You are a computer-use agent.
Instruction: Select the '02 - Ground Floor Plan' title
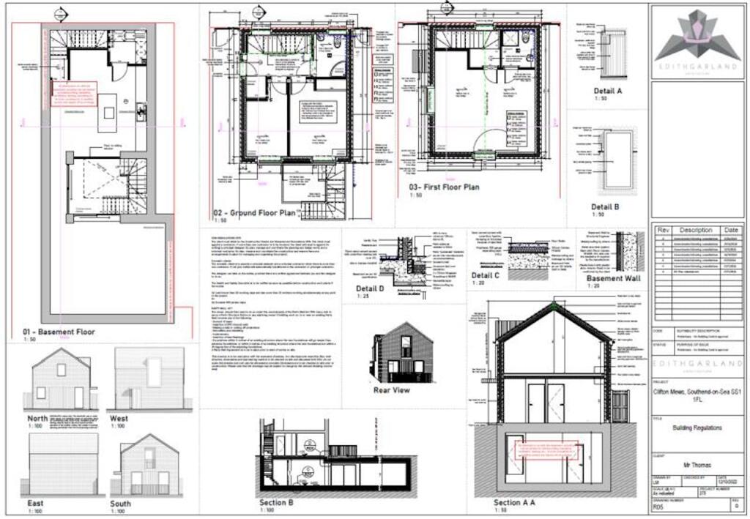pos(253,213)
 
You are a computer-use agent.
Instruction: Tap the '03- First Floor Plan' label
pos(444,187)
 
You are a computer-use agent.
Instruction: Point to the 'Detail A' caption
pos(607,91)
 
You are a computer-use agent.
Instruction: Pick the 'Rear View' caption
pos(393,389)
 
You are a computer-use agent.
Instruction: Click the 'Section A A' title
pos(515,503)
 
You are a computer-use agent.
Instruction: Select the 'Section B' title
pos(276,503)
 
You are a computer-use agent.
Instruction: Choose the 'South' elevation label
pos(121,504)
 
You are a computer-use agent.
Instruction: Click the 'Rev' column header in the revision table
pos(663,230)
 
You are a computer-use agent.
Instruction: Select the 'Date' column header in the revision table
pos(731,230)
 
